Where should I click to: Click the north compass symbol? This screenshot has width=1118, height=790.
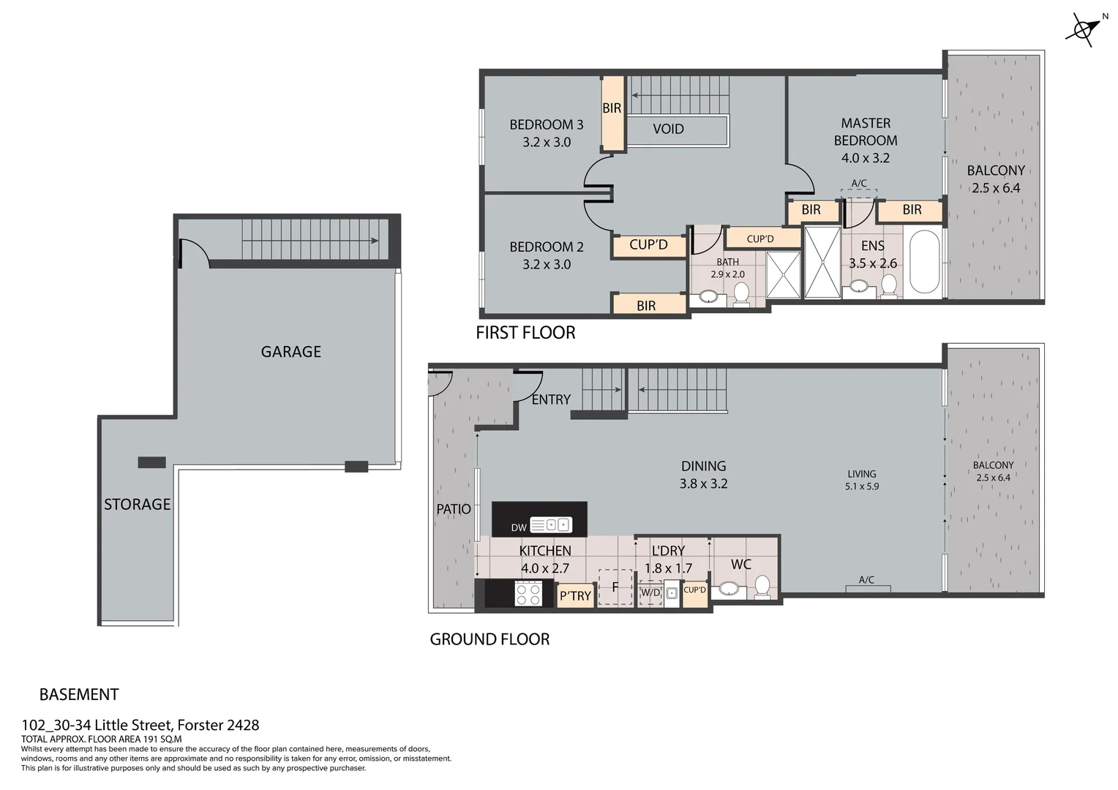[x=1082, y=30]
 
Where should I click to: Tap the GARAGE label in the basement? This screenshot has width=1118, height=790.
[x=290, y=352]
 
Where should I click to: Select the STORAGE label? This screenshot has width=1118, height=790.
[x=137, y=504]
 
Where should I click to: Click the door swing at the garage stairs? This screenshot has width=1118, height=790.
[x=193, y=253]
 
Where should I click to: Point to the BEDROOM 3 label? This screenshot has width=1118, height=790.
[x=546, y=124]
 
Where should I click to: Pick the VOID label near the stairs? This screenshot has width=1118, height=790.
[x=668, y=129]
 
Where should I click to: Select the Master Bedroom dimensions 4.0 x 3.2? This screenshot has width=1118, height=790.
[x=865, y=158]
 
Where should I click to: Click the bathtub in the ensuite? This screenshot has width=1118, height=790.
[x=924, y=262]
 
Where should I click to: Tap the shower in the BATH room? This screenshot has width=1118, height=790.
[x=783, y=275]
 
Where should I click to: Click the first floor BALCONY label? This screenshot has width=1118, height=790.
[x=995, y=170]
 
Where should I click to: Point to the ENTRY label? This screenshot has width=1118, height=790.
[x=551, y=399]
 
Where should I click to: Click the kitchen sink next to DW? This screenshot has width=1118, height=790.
[x=550, y=524]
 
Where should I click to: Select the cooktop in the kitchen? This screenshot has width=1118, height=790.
[x=528, y=592]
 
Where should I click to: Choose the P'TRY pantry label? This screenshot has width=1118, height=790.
[x=574, y=596]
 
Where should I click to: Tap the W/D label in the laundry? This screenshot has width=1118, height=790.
[x=650, y=593]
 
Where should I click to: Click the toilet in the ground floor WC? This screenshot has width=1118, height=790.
[x=762, y=586]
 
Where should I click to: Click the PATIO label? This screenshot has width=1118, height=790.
[x=454, y=509]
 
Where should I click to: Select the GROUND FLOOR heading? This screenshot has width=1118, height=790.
[x=489, y=639]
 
